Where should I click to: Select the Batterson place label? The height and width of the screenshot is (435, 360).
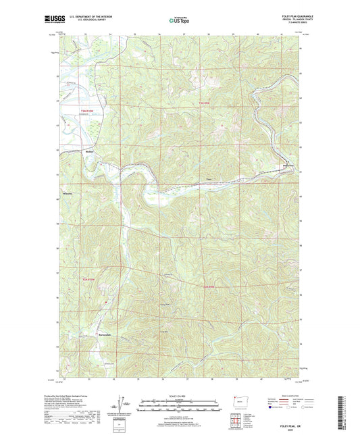(288, 165)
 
